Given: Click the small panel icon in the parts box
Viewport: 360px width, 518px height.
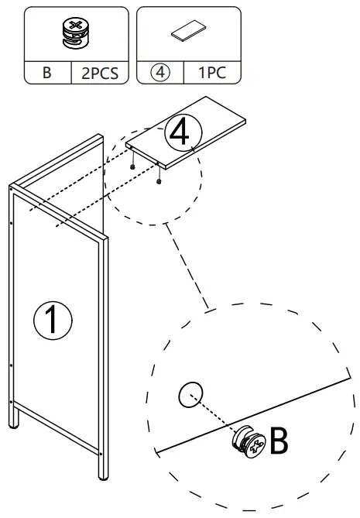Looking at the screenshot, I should click(x=187, y=33).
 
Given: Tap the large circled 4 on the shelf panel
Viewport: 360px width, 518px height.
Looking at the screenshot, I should click(x=180, y=132).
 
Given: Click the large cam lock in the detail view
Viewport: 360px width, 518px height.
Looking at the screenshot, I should click(x=248, y=441).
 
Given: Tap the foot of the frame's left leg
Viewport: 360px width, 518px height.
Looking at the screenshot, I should click(x=15, y=424).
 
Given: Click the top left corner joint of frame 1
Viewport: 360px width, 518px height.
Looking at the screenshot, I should click(x=13, y=188).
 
